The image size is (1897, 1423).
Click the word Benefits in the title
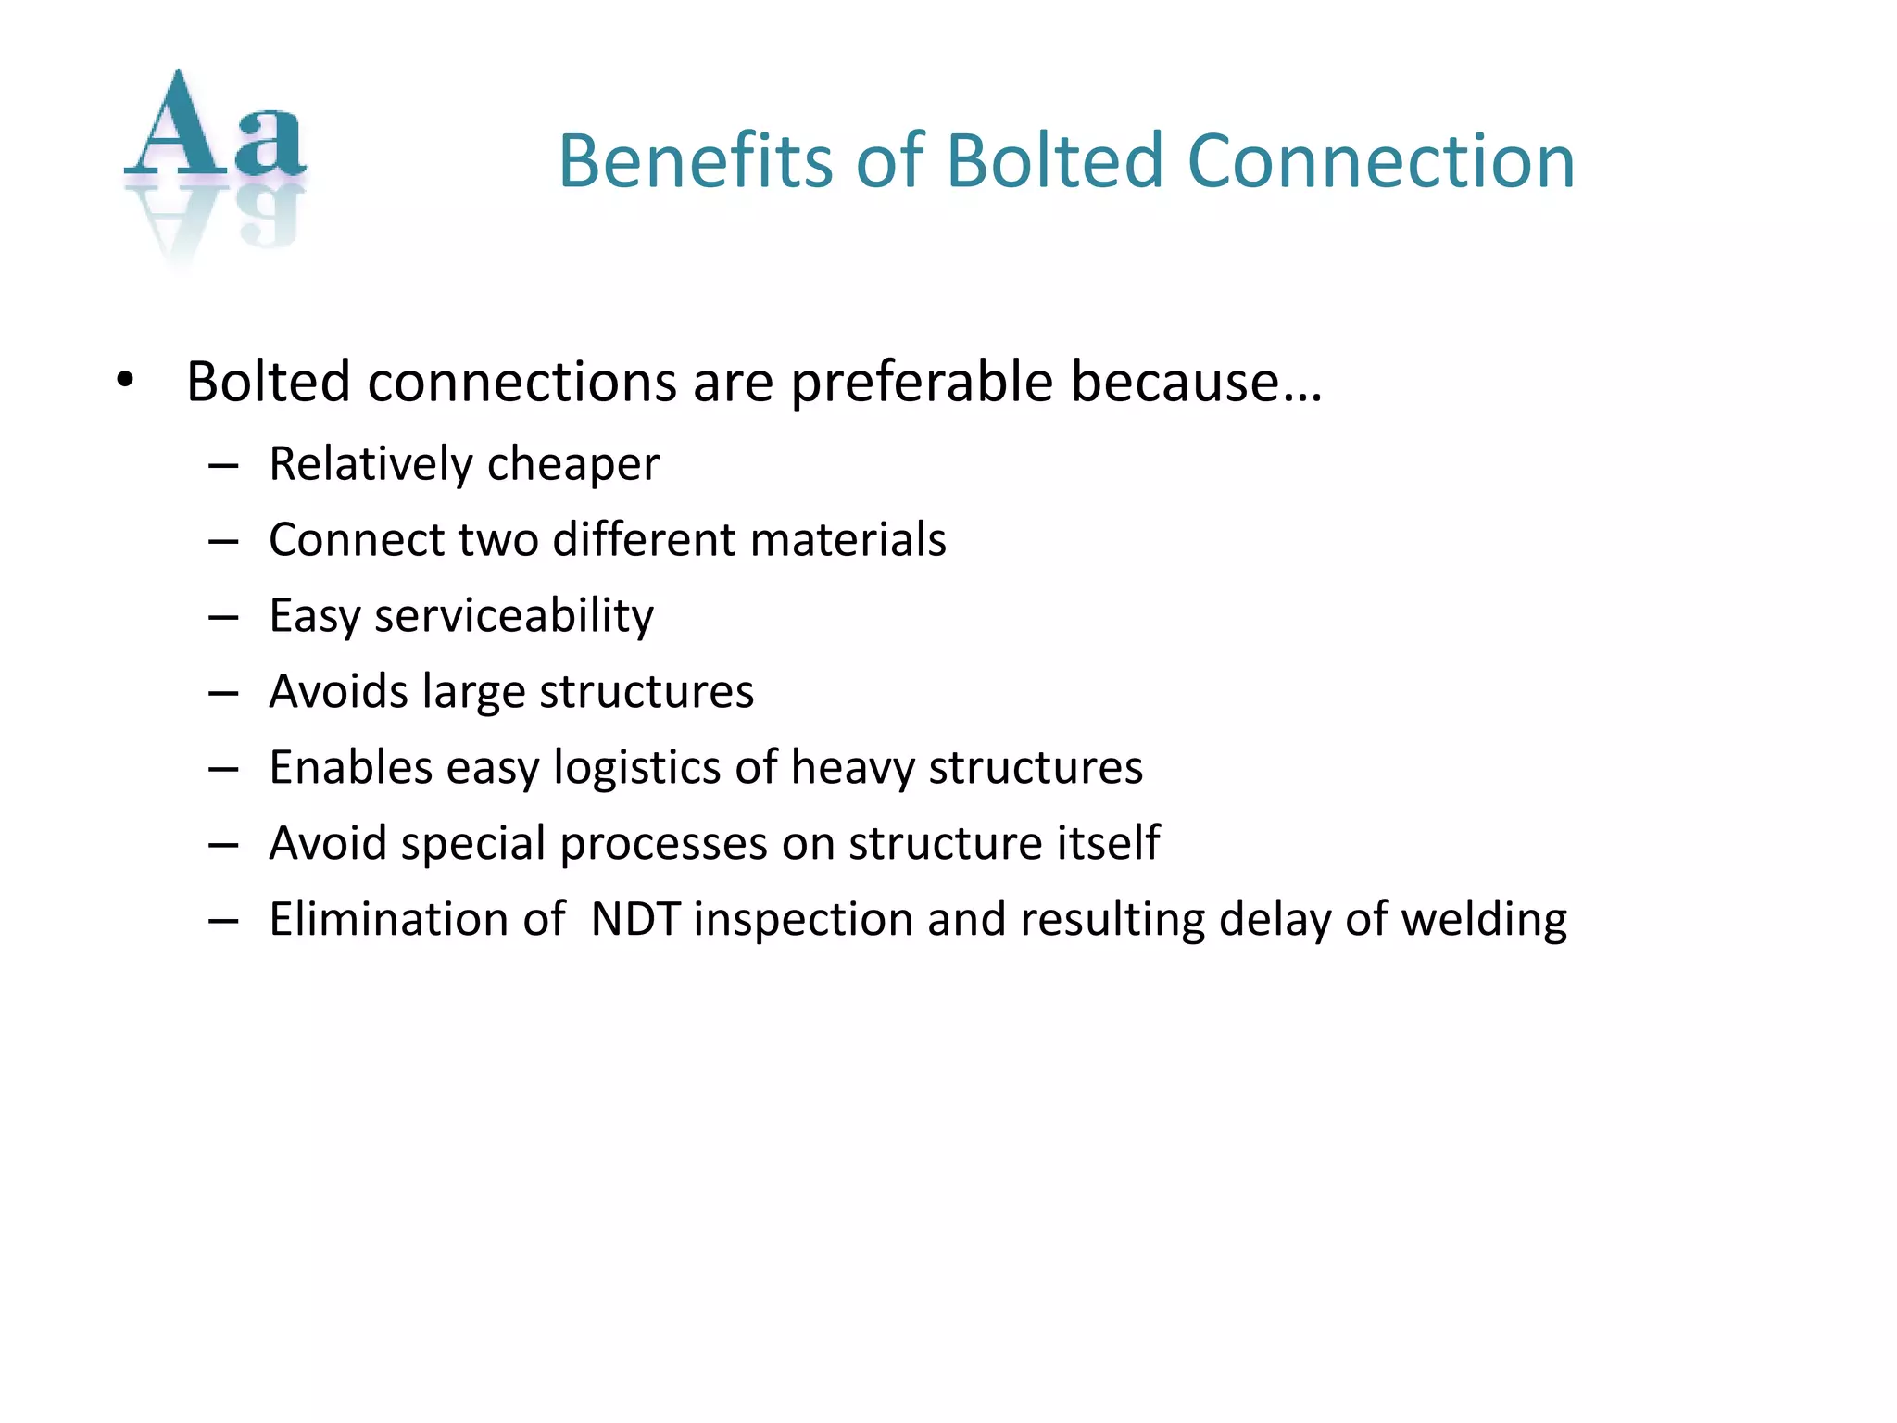(696, 161)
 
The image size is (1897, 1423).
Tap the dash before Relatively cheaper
(223, 465)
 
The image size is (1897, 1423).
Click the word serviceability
(514, 616)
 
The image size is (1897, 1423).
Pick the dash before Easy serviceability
(223, 617)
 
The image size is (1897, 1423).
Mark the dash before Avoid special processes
(223, 845)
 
